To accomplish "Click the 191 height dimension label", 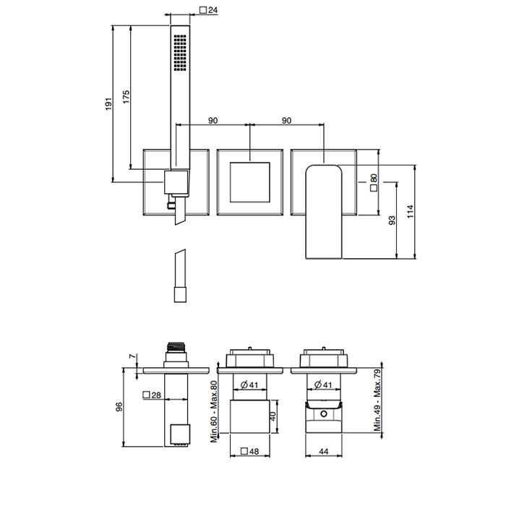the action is tap(108, 104).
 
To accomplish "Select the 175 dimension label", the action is tap(126, 97).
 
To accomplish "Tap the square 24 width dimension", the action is tap(208, 10).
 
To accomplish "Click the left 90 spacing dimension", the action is tap(213, 121).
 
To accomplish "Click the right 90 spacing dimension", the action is tap(286, 121).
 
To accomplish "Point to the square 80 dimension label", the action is tap(374, 183).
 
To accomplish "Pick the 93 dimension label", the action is tap(392, 220).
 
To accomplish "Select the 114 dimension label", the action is tap(410, 211).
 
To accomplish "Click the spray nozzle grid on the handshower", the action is tap(180, 53).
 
